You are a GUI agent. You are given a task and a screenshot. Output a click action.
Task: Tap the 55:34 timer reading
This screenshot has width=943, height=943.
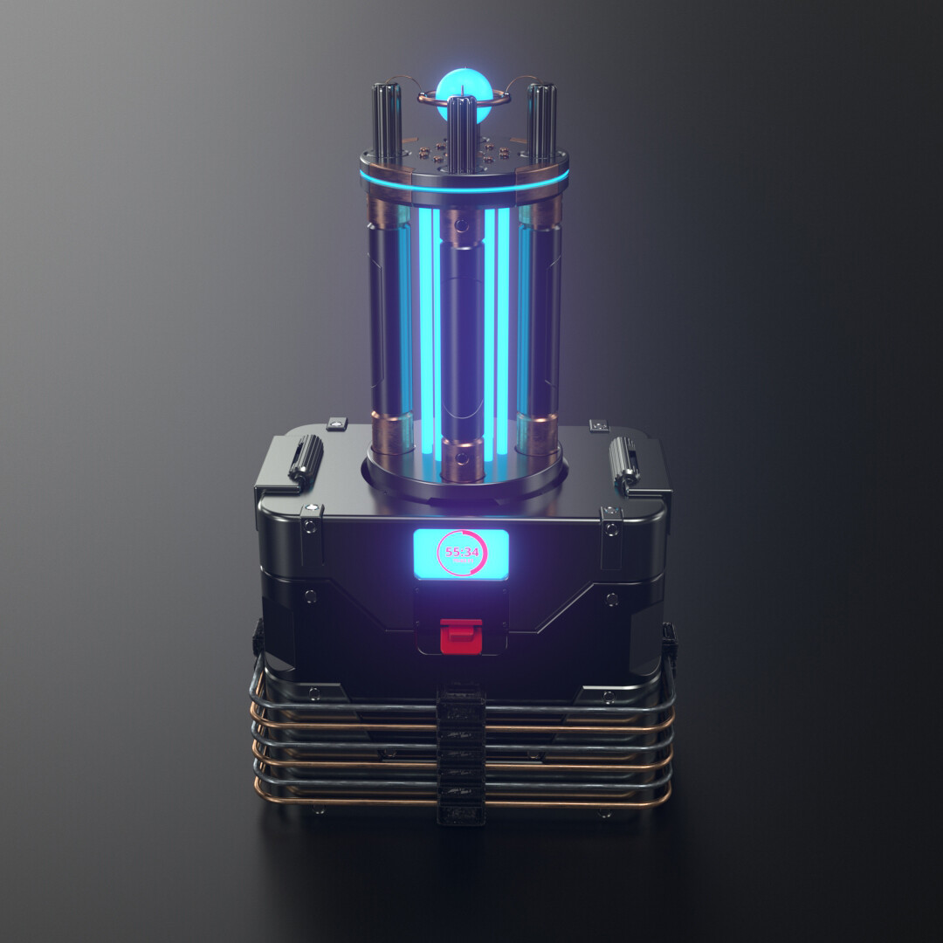click(462, 552)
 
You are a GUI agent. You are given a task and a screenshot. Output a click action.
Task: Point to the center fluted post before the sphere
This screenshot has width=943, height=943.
click(461, 131)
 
